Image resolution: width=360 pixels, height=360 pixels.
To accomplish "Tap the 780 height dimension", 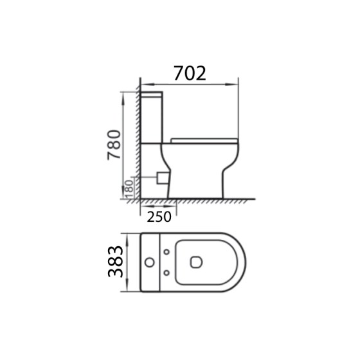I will tap(113, 145).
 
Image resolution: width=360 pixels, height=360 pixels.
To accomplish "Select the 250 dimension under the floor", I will tap(159, 217).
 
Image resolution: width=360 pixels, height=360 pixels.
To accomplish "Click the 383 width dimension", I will tap(114, 262).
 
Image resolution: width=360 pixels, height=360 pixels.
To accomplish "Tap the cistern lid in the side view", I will tap(153, 94).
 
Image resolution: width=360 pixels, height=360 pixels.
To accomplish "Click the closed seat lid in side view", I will tap(204, 139).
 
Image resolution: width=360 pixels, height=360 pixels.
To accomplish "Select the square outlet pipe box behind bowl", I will tap(161, 175).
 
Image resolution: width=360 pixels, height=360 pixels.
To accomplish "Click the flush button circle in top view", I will tap(150, 262).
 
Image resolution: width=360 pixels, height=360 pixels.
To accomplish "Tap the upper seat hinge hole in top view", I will tap(167, 251).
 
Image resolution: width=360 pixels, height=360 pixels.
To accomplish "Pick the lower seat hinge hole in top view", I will tap(167, 273).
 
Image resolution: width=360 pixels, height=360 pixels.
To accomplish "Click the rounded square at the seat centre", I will tap(196, 262).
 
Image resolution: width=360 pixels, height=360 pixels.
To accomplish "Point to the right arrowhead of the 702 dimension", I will tap(236, 84).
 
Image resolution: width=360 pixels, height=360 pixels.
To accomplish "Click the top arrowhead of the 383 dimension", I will tap(128, 235).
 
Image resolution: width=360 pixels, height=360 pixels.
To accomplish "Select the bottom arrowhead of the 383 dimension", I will tap(128, 289).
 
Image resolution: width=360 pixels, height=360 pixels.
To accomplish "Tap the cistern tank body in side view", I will tap(153, 119).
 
